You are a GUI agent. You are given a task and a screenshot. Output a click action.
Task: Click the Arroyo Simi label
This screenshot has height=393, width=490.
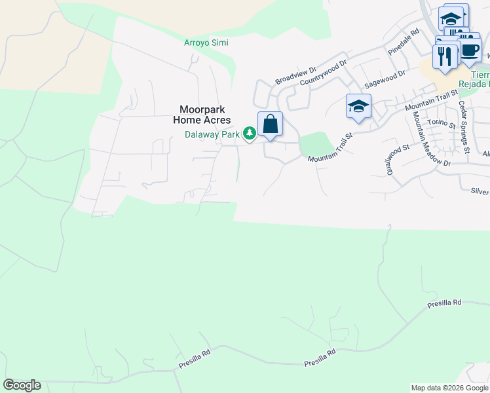(x=206, y=43)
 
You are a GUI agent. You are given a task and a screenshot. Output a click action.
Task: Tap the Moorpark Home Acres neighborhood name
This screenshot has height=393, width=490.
(x=202, y=115)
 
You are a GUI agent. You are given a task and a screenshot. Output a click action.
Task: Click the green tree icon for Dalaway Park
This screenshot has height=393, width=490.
(x=250, y=134)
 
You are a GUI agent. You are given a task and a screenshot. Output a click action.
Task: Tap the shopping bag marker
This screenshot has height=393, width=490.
(x=270, y=124)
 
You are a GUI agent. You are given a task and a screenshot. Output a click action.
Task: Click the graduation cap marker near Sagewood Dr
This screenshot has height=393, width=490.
(x=358, y=107)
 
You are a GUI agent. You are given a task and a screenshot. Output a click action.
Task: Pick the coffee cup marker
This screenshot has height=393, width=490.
(x=469, y=50)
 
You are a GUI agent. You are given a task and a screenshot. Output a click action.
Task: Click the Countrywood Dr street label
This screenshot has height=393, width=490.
(x=323, y=73)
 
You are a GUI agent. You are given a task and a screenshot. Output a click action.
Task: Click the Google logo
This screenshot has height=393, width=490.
(x=22, y=385)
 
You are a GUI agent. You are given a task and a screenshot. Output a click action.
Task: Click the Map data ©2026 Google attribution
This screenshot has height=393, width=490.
(x=449, y=388)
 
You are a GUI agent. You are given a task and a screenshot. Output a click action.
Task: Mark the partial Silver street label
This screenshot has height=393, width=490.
(x=479, y=191)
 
